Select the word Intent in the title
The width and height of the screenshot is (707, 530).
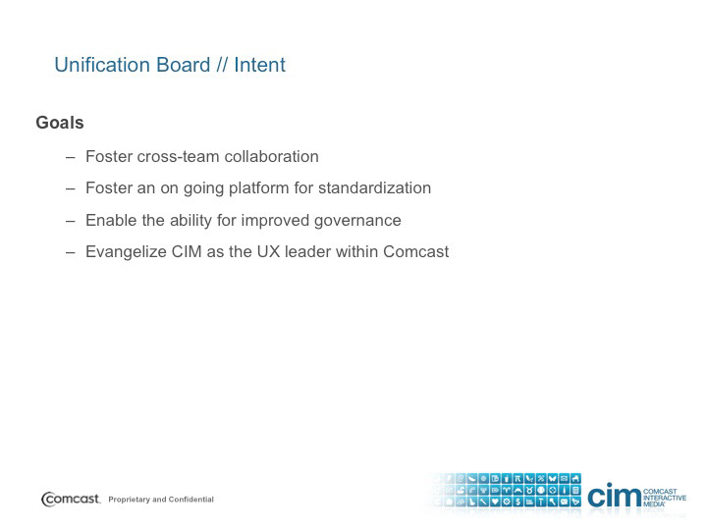tap(259, 65)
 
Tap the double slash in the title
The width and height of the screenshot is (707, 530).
tap(222, 65)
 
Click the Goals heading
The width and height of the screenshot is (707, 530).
tap(60, 123)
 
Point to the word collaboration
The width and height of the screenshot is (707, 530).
tap(271, 156)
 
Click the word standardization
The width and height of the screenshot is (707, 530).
tap(374, 187)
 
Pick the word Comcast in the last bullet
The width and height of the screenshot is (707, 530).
tap(415, 251)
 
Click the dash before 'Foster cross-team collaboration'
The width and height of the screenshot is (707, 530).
tap(70, 157)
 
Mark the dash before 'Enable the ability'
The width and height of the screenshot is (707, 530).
tap(70, 221)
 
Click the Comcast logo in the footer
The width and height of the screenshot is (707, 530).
tap(71, 499)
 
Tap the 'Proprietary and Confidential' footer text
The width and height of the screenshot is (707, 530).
tap(161, 500)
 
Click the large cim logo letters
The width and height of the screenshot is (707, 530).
tap(614, 495)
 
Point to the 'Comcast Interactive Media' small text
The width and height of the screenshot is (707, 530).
tap(665, 498)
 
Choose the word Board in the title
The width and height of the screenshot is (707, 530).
tap(183, 65)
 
